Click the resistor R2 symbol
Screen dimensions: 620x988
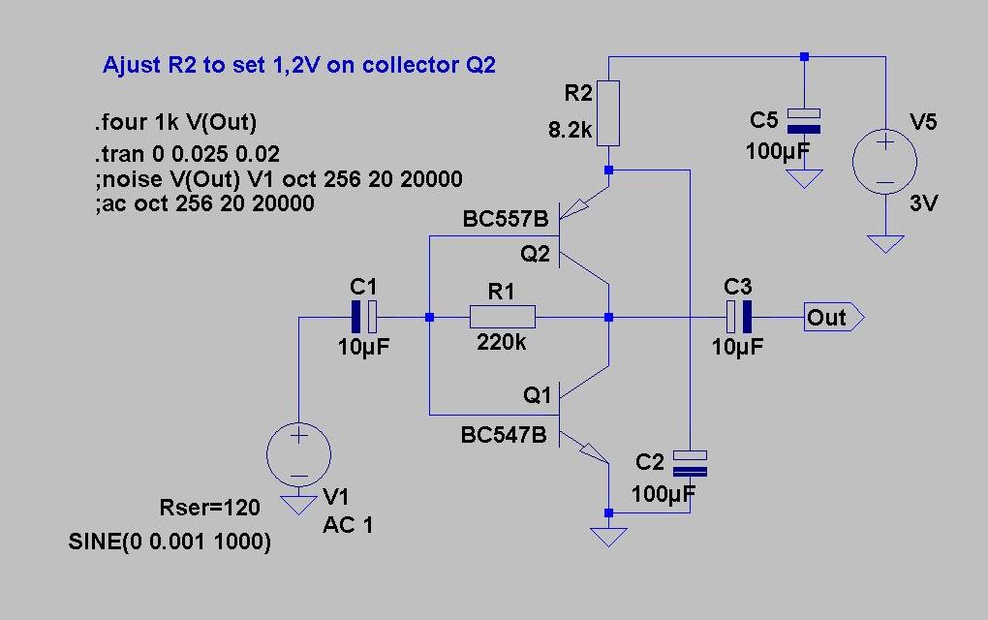(607, 112)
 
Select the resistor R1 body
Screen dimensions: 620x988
(502, 317)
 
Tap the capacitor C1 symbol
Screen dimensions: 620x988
(364, 317)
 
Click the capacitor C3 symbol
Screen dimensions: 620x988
(739, 317)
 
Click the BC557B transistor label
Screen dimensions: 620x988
(506, 220)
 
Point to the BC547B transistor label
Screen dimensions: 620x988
(504, 436)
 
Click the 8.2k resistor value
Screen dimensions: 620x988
(570, 130)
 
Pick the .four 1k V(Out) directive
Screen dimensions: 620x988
(174, 123)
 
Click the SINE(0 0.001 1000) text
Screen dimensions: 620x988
(170, 542)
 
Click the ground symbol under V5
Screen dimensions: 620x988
(884, 242)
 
